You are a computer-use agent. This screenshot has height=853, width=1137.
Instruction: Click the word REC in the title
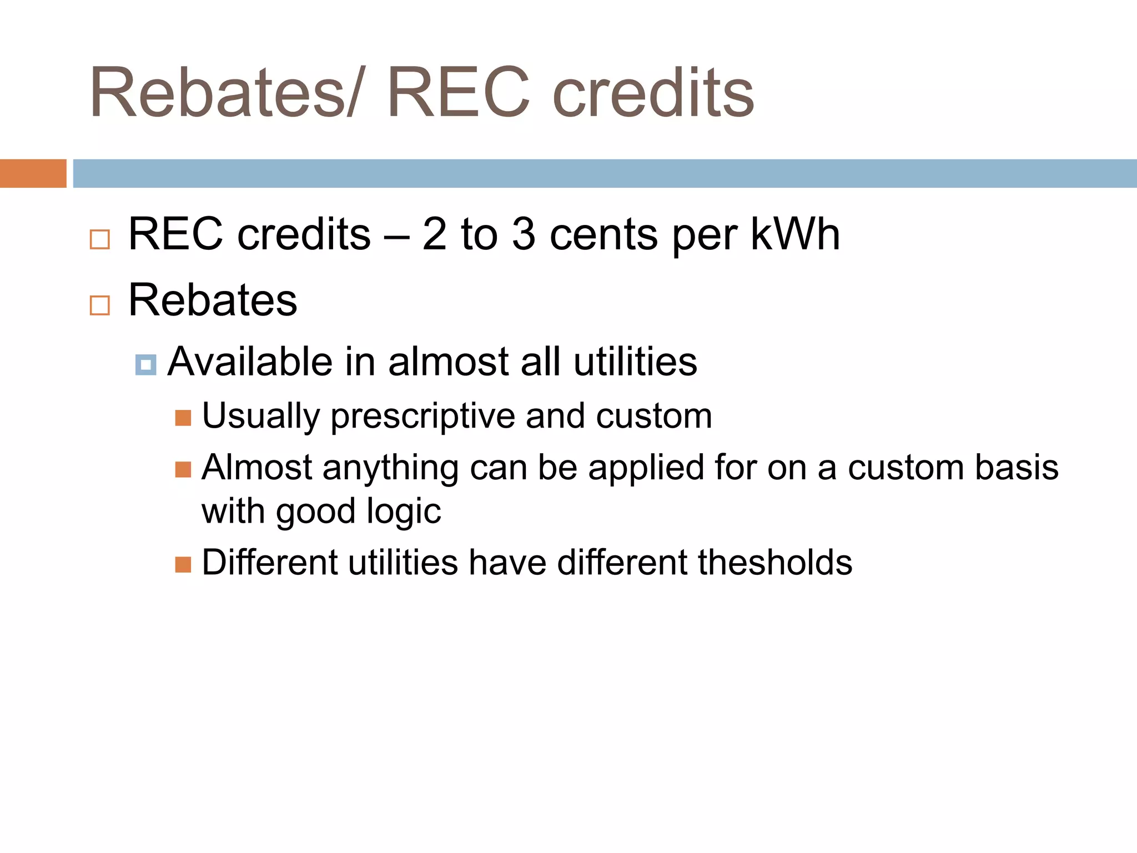click(x=459, y=93)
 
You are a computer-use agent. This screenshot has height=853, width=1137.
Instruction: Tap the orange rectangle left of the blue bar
click(x=33, y=173)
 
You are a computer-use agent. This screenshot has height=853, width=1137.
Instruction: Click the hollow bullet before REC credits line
click(x=100, y=239)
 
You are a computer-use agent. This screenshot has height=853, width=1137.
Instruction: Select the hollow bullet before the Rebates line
click(x=100, y=305)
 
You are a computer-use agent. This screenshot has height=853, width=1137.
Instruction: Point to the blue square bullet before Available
click(x=145, y=365)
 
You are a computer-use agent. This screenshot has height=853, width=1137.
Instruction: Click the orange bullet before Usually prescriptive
click(x=183, y=418)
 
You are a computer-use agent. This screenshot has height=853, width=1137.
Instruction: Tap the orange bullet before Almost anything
click(x=183, y=469)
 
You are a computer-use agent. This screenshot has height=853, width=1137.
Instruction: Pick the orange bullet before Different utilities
click(x=183, y=565)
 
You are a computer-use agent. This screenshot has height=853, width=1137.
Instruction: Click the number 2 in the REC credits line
click(x=434, y=235)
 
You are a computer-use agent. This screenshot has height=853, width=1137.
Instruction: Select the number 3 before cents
click(x=524, y=235)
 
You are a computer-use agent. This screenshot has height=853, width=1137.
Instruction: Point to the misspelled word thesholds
click(x=775, y=563)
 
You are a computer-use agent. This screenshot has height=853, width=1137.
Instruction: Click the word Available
click(x=250, y=362)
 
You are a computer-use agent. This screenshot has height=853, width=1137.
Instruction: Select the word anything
click(x=390, y=469)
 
